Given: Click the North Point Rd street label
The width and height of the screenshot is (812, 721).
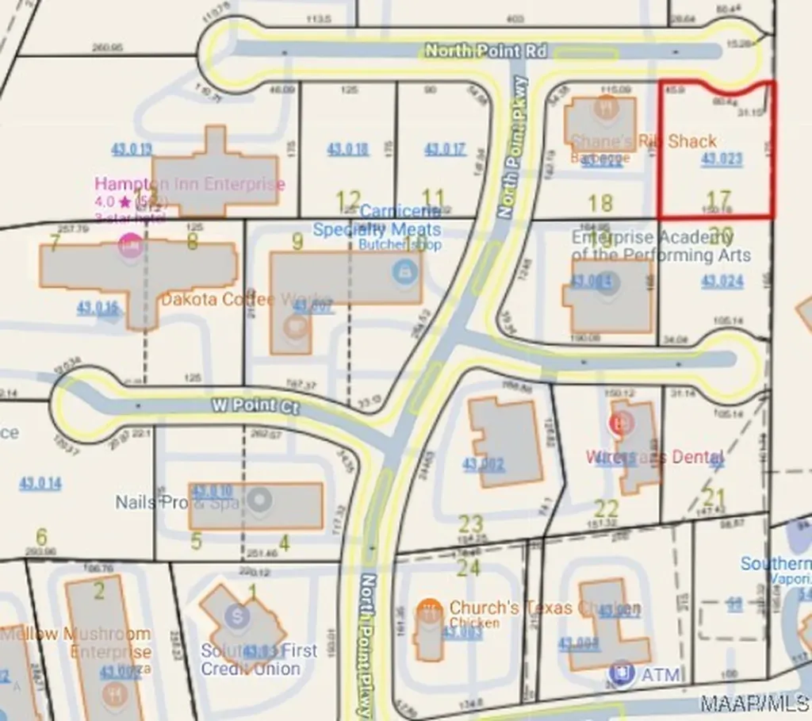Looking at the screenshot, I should [485, 51].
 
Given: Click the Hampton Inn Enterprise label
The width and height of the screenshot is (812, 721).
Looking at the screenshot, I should [190, 184].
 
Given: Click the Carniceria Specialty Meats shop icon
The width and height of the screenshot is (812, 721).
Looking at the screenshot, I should [404, 271].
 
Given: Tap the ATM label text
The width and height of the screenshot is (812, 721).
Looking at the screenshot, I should [661, 675].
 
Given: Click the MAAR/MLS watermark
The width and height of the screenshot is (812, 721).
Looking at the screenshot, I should [753, 704].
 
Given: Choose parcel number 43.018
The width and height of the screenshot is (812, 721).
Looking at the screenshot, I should [348, 149].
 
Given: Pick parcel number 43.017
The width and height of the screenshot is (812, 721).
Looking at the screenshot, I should [445, 149].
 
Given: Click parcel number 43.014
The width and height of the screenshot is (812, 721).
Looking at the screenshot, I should [40, 483].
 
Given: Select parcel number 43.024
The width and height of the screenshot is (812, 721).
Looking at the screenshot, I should [722, 281].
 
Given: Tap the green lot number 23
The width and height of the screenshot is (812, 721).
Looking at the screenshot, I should [471, 523].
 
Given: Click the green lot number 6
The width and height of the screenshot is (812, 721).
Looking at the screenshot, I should [41, 537].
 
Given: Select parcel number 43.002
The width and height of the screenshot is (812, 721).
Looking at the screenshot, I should [484, 462].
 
